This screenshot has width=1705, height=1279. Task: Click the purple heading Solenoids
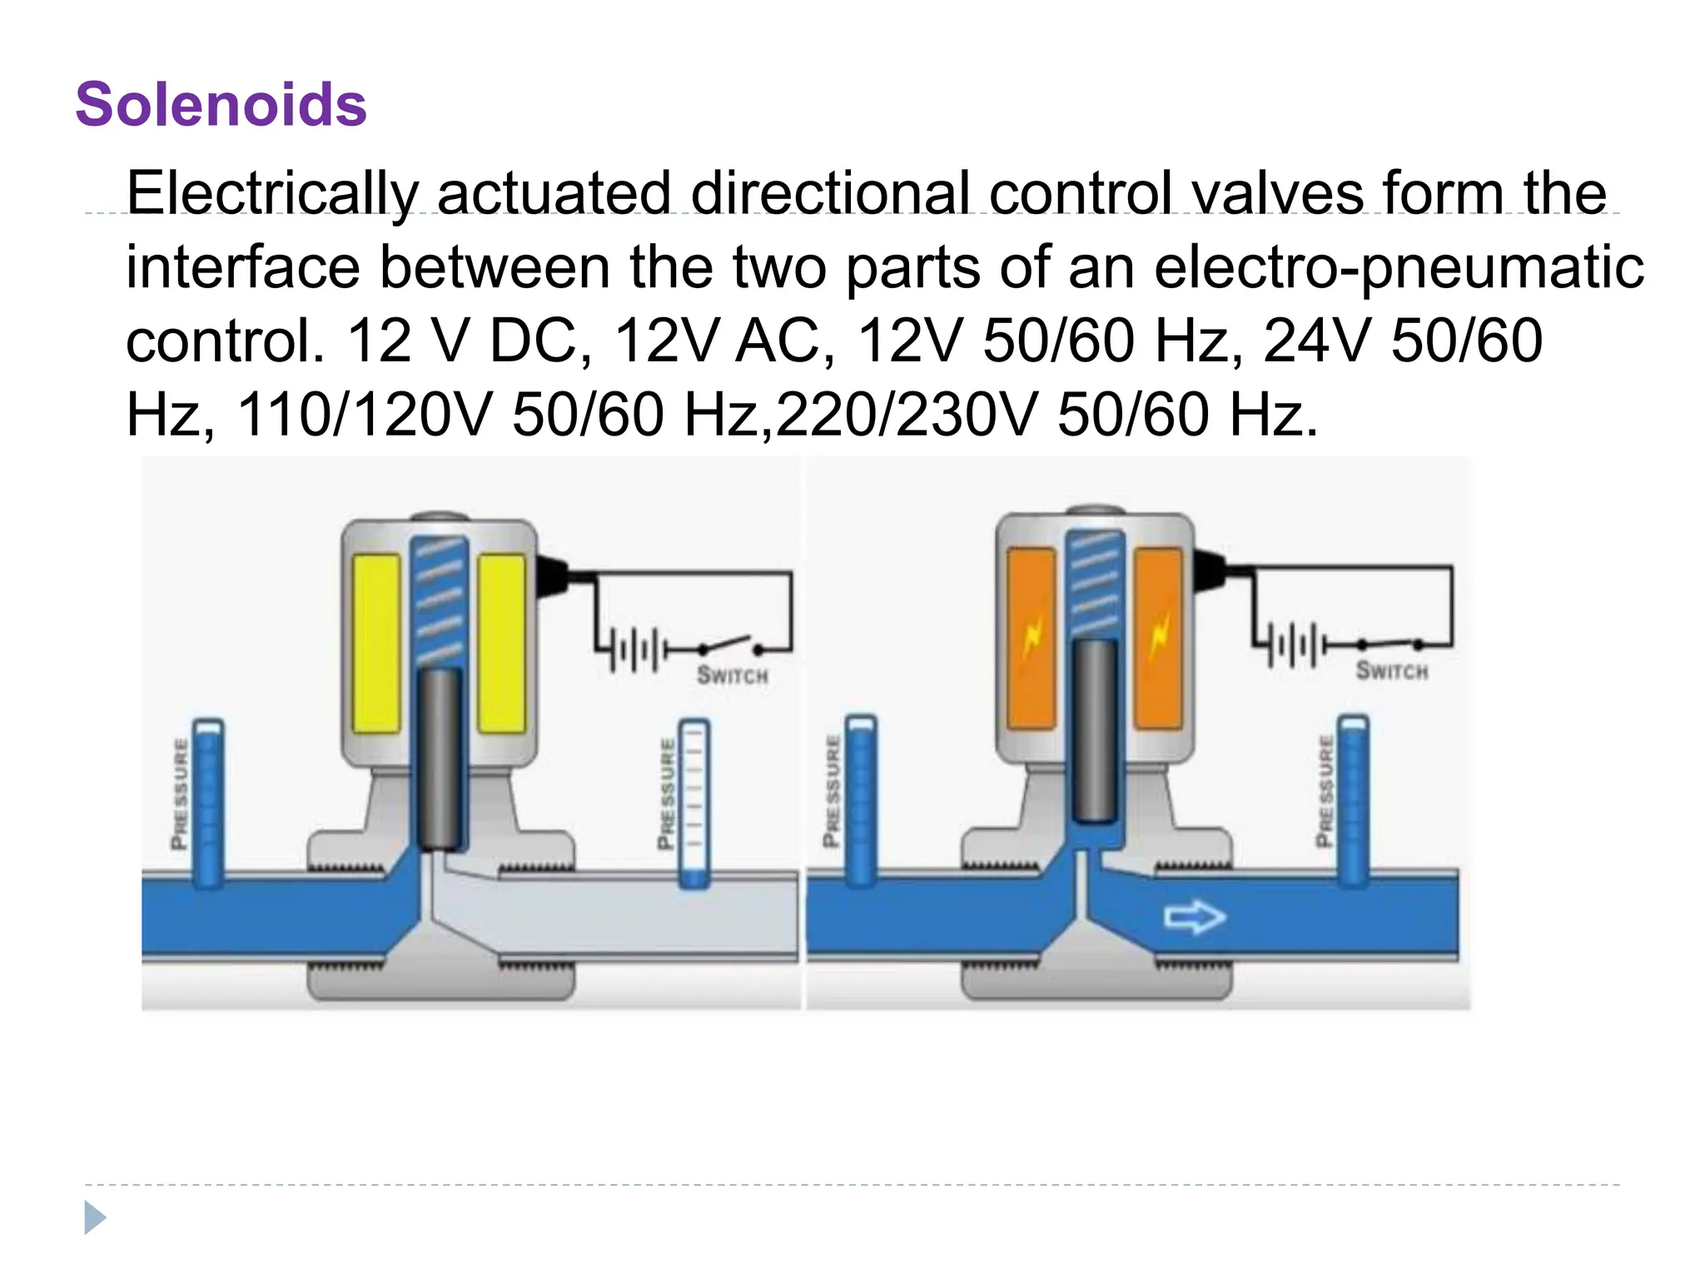coord(221,105)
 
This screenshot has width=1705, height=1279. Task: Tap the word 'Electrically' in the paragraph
coord(271,193)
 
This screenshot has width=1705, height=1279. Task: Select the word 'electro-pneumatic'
coord(1399,267)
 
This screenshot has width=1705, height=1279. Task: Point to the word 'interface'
coord(242,267)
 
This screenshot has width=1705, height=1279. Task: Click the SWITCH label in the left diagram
coord(732,674)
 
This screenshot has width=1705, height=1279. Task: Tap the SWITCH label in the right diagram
coord(1391,670)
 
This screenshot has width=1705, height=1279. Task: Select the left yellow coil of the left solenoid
coord(377,644)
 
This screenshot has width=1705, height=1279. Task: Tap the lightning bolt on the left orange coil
coord(1032,639)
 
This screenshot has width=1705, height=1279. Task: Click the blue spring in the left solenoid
coord(438,600)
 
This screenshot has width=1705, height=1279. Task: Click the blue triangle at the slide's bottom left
coord(95,1217)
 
